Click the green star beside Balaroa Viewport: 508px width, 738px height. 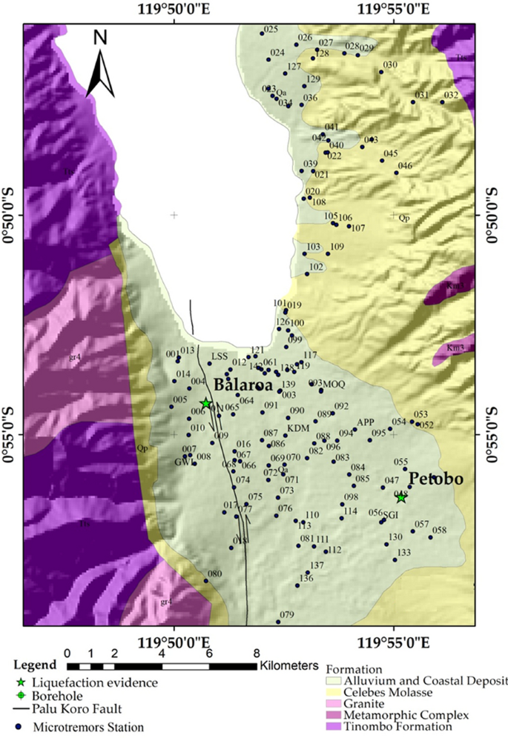coord(205,403)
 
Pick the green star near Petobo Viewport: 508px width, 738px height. coord(401,497)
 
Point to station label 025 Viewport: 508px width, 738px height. coord(271,30)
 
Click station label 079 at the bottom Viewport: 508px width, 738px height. coord(287,615)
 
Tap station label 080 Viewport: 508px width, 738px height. coord(215,574)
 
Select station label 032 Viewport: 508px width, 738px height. coord(451,96)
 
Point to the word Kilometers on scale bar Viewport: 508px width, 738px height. coord(288,666)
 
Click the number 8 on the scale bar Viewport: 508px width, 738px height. coord(257,654)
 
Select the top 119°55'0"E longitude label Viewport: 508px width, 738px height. coord(393,10)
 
